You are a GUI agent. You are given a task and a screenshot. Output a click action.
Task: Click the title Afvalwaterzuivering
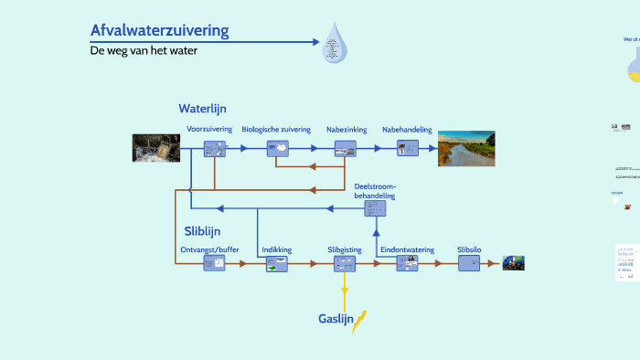(159, 31)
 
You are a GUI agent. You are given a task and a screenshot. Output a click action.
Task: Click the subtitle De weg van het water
(144, 51)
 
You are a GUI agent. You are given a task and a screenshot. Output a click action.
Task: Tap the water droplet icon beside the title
(335, 45)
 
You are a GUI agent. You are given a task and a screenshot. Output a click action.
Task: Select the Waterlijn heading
(202, 109)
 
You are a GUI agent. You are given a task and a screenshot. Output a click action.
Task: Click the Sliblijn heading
(202, 231)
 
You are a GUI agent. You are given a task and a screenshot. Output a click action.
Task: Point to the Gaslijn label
(336, 319)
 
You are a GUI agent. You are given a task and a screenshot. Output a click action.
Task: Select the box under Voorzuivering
(215, 148)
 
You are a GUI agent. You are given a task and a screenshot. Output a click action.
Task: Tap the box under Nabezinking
(345, 148)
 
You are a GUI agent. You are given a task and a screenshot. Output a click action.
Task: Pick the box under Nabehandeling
(407, 148)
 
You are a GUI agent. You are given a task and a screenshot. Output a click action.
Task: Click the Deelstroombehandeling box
(375, 208)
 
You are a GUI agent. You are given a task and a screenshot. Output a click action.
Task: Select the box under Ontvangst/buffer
(214, 263)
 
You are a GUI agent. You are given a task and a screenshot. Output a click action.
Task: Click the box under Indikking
(277, 263)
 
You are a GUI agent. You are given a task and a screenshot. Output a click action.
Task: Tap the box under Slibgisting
(345, 263)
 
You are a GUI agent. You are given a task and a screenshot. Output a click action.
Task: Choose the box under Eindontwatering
(407, 263)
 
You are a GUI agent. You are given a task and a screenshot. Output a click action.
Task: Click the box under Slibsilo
(469, 263)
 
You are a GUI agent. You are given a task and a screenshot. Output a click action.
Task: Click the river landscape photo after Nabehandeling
(465, 148)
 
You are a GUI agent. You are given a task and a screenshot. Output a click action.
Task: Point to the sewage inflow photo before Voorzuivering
(156, 148)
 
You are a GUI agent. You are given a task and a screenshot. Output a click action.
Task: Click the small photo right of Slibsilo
(513, 263)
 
